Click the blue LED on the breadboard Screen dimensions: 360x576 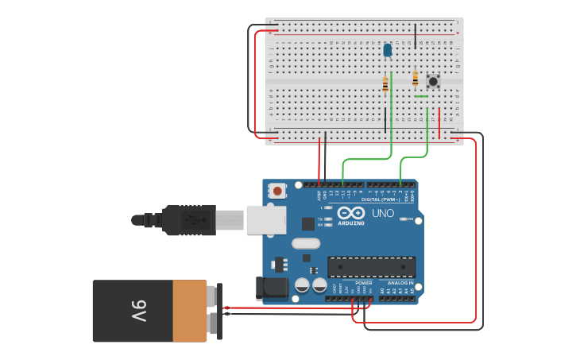click(x=388, y=50)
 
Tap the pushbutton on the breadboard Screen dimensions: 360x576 click(x=433, y=81)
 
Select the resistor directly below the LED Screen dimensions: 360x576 click(x=386, y=84)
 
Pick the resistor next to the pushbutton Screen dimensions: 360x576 click(x=415, y=78)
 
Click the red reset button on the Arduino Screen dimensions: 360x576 click(x=277, y=191)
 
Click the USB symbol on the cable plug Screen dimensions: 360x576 click(x=191, y=219)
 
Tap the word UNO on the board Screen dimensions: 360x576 click(x=383, y=214)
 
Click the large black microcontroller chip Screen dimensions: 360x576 click(x=371, y=267)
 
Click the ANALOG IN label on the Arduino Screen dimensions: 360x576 click(x=400, y=283)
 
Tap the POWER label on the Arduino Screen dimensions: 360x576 click(x=363, y=283)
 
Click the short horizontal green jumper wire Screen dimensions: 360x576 click(x=421, y=96)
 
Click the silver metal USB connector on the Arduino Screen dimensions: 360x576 click(x=265, y=219)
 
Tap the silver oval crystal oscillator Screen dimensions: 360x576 click(x=305, y=244)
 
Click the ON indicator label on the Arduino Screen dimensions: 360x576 click(x=411, y=219)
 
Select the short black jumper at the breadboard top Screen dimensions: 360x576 click(x=415, y=36)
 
